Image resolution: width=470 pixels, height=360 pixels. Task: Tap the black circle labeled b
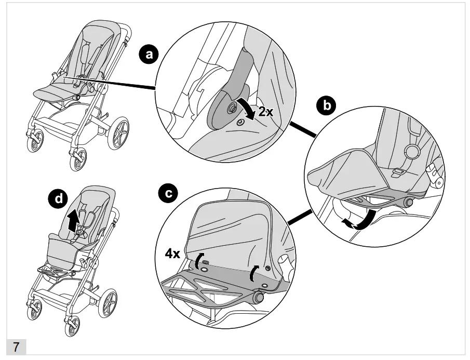point(327,106)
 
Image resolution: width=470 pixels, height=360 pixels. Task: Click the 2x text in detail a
point(265,112)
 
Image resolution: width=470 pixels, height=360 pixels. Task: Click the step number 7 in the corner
point(16,347)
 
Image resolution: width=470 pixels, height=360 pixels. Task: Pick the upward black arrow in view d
point(74,220)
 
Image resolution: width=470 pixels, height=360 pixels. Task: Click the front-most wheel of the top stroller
point(76,159)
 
